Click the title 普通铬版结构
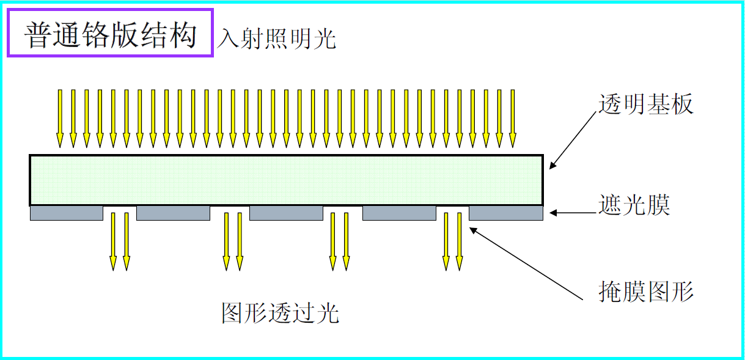[111, 35]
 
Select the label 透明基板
[646, 105]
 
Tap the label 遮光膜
[634, 205]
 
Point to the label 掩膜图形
[646, 292]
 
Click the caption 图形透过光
[280, 313]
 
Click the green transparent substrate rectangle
[286, 180]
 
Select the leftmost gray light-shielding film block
[67, 213]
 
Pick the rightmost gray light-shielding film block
[505, 213]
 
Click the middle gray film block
[286, 213]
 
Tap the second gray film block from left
[173, 213]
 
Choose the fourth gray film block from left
[399, 213]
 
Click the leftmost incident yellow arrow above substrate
[60, 118]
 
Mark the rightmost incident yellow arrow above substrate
[513, 118]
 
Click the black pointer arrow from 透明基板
[573, 140]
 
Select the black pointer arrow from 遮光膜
[572, 213]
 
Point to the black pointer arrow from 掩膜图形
[526, 263]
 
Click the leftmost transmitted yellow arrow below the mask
[113, 241]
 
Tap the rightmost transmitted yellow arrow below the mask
[459, 241]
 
